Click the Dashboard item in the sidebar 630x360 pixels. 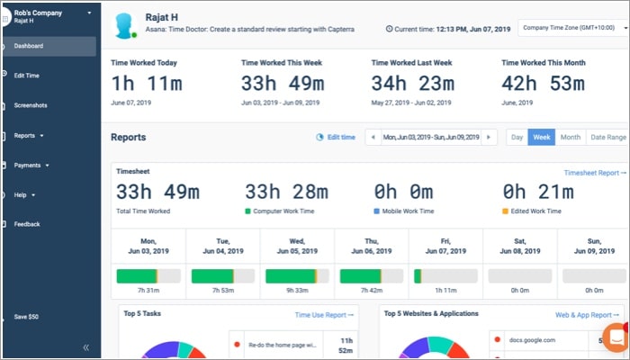coord(29,46)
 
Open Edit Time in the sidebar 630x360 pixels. coord(26,76)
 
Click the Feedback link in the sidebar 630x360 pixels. coord(27,224)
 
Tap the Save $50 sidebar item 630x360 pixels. coord(26,317)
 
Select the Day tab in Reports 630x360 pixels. coord(517,137)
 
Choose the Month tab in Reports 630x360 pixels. coord(570,137)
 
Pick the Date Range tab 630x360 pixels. coord(607,137)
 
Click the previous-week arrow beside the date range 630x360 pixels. coord(373,137)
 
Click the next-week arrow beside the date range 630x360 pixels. coord(489,137)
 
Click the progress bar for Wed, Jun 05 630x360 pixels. coord(297,274)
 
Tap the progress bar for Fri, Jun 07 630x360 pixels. coord(445,274)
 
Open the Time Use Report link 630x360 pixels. coord(325,315)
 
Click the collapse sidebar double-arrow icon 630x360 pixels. coord(86,346)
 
